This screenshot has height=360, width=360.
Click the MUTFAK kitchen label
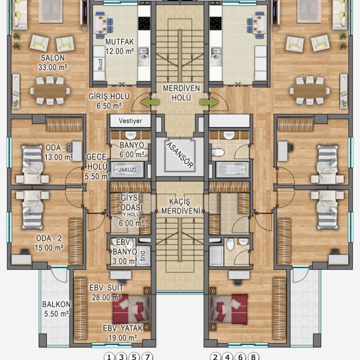coord(119,42)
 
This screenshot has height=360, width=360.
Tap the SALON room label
coord(53,58)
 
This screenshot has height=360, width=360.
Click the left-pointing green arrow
coord(149,102)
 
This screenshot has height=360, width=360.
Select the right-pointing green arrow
coord(209,102)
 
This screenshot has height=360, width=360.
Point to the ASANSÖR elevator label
coord(180,155)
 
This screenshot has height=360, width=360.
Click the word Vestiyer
coord(130,121)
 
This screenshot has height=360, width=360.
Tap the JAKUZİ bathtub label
coord(127,170)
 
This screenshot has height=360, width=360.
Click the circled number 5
coord(134,356)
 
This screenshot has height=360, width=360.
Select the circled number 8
coord(253,356)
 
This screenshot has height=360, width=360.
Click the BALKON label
coord(56,304)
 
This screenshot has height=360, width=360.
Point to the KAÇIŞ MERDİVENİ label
coord(181,206)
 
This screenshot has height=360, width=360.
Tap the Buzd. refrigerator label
coord(100,64)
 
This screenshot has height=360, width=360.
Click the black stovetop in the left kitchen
coord(144,23)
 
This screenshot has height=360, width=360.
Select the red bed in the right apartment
coord(229,309)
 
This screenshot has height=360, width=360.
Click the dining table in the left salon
coord(50,91)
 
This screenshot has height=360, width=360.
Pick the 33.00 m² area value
coord(53,67)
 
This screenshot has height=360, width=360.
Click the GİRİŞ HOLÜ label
coord(109,97)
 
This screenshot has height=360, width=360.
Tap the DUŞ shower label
coord(143,256)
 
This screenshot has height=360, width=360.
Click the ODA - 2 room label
coord(49,239)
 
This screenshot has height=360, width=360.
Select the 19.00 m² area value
coord(123,338)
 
